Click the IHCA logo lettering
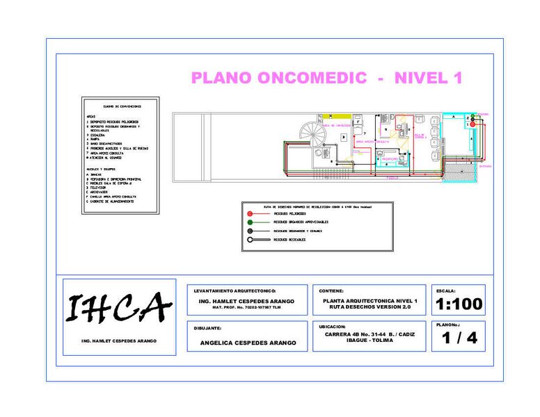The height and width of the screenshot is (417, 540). click(x=118, y=308)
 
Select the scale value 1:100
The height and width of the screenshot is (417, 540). click(x=458, y=304)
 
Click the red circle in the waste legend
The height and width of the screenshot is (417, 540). click(x=250, y=213)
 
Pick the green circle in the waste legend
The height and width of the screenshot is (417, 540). click(x=250, y=222)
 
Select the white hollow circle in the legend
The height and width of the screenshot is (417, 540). click(x=250, y=240)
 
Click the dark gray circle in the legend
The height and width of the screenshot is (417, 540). click(x=250, y=231)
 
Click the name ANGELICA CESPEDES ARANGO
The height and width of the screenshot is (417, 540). click(x=248, y=343)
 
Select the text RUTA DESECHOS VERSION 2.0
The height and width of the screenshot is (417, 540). click(x=370, y=306)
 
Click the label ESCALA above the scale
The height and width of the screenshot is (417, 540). click(x=446, y=291)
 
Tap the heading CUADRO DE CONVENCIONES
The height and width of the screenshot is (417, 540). click(x=122, y=106)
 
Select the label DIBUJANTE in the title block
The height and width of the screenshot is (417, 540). click(x=207, y=327)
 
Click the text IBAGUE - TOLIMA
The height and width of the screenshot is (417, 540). click(x=370, y=341)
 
